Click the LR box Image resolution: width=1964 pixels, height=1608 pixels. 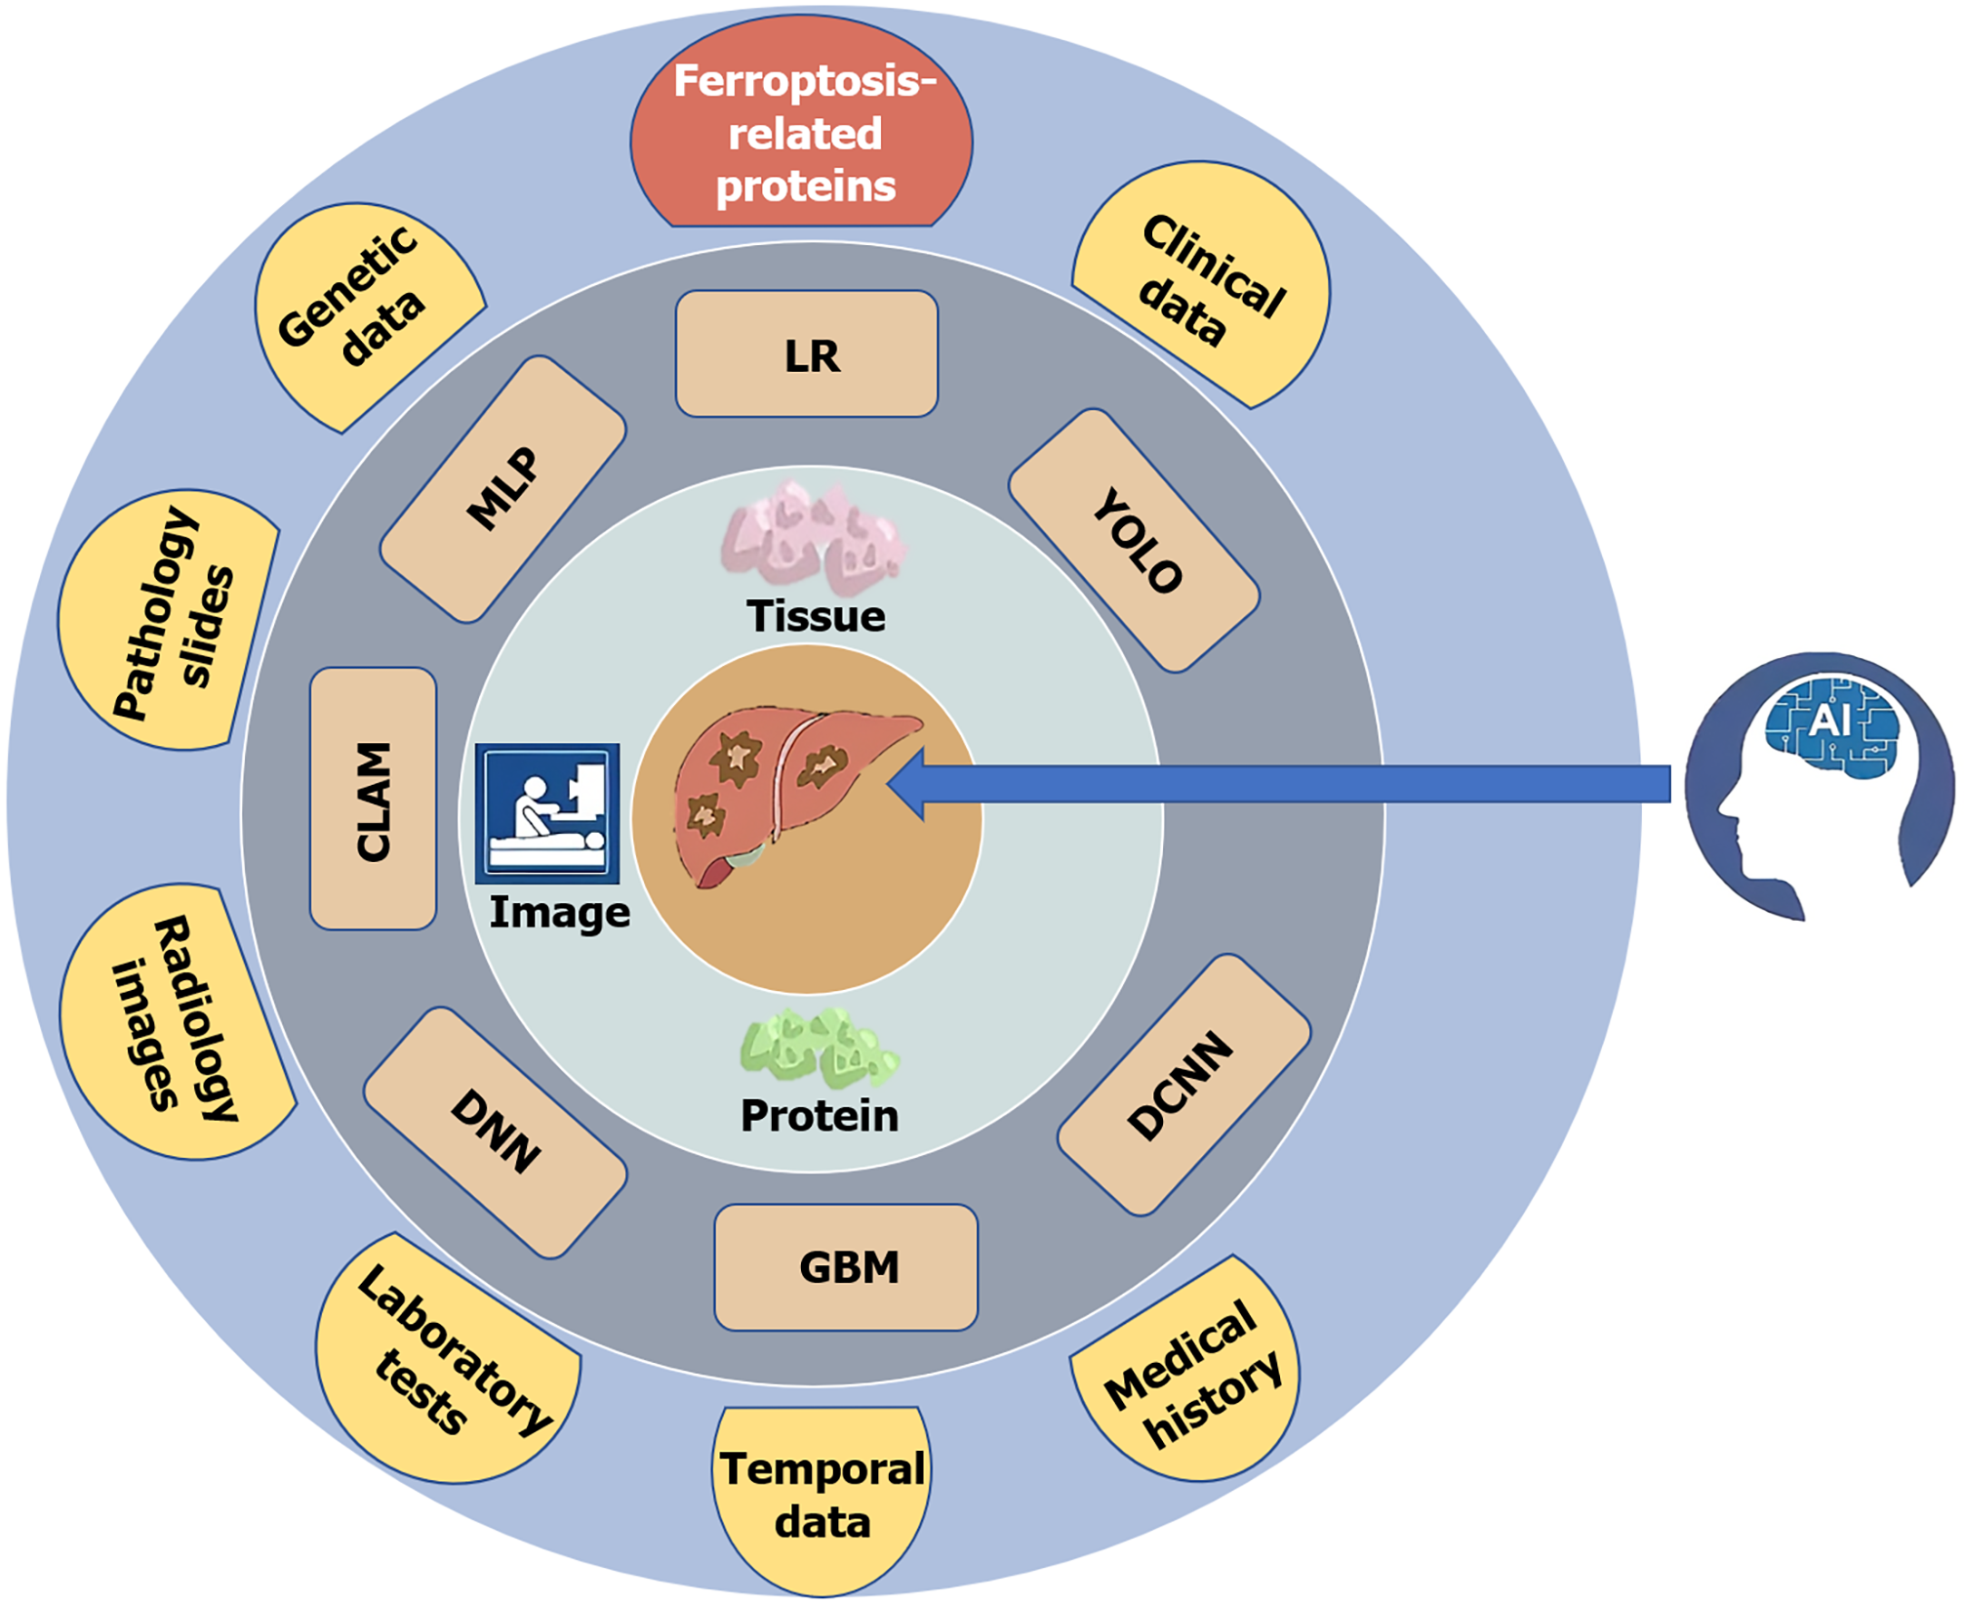coord(807,354)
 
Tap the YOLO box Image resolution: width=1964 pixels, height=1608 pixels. coord(1133,540)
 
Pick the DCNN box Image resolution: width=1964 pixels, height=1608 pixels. coord(1184,1083)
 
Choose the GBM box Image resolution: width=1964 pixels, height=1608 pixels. coord(846,1266)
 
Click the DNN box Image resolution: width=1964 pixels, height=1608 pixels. coord(495,1131)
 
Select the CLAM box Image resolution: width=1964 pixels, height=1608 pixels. coord(373,799)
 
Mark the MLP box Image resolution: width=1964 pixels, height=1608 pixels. coord(503,488)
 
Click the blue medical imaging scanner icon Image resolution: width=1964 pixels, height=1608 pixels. coord(547,813)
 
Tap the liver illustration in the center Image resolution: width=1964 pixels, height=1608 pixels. coord(787,792)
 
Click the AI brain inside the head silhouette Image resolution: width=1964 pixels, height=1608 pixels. coord(1831,726)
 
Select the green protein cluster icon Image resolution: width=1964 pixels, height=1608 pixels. coord(816,1048)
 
